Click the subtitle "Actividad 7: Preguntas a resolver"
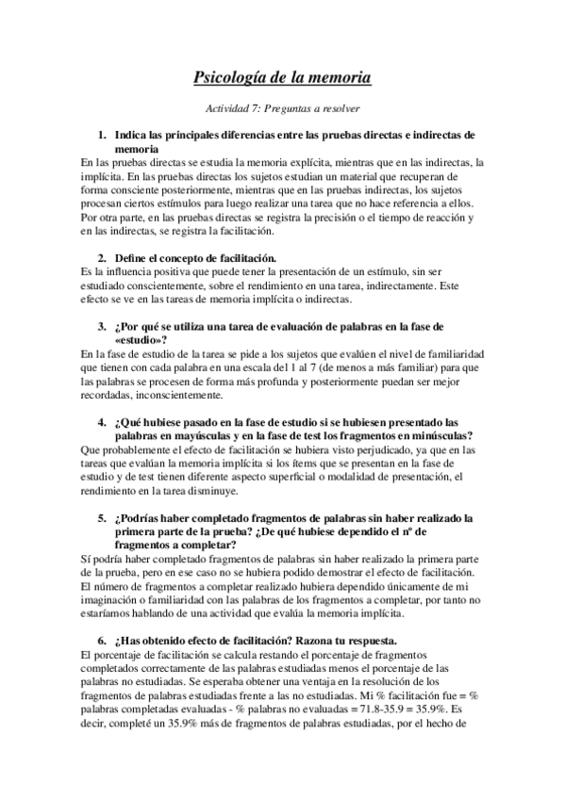pos(282,108)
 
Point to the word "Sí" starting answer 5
pos(87,558)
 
